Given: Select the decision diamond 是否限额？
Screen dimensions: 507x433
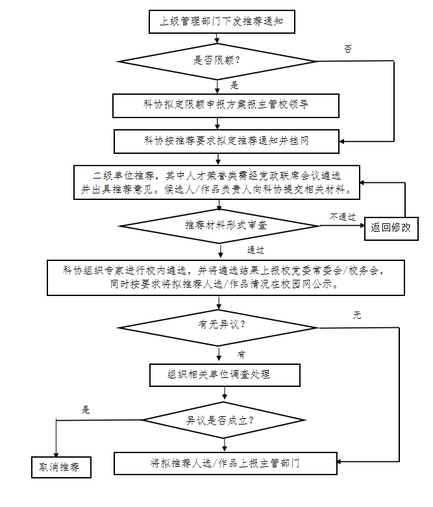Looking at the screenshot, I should click(217, 61).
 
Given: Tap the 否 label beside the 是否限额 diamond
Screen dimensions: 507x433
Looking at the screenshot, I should click(348, 49).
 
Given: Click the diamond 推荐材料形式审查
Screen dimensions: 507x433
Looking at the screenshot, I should click(219, 225).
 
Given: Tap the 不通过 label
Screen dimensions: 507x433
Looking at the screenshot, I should click(341, 216).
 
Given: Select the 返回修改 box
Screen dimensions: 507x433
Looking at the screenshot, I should click(391, 228).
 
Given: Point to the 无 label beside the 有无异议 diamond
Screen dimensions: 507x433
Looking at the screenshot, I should click(356, 315).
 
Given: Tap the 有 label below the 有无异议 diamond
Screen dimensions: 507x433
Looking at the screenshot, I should click(241, 354).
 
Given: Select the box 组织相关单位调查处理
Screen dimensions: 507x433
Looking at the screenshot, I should click(225, 375).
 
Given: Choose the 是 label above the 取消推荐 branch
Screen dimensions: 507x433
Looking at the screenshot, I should click(85, 410).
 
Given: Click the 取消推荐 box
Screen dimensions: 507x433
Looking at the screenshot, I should click(60, 467).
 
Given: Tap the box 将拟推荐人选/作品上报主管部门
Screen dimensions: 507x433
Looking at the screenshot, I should click(225, 464).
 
